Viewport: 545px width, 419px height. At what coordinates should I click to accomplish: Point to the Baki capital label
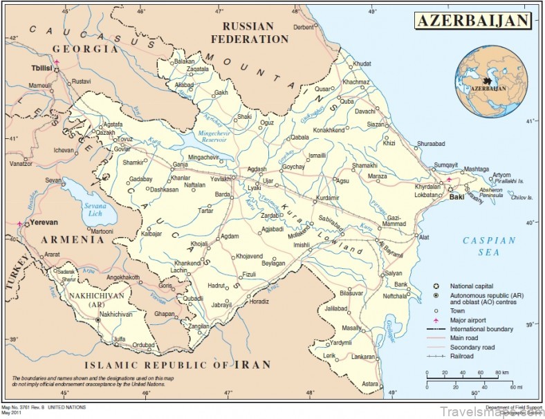(456, 196)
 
